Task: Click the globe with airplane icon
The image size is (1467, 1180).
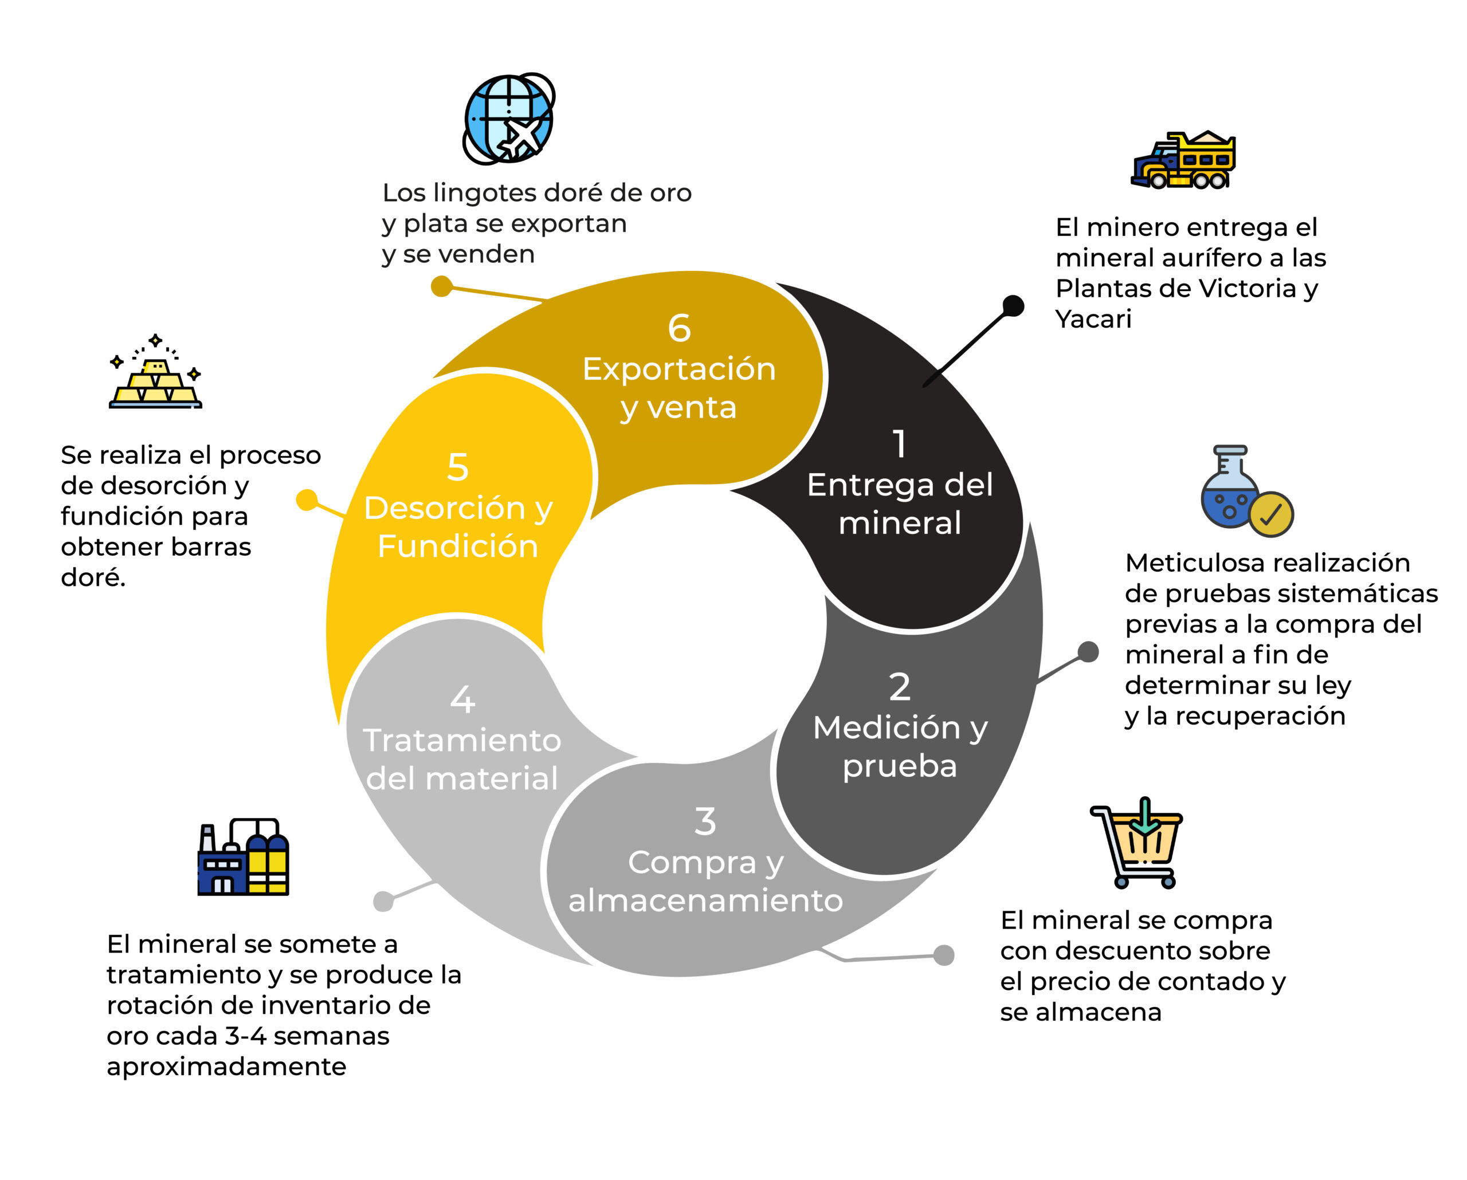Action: click(x=509, y=119)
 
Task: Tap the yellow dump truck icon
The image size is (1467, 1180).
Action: click(x=1183, y=160)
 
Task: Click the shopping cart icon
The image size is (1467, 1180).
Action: click(x=1137, y=843)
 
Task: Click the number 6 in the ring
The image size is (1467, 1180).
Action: click(x=679, y=328)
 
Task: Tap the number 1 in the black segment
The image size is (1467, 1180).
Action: click(x=900, y=444)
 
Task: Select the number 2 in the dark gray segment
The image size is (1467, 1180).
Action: click(x=900, y=687)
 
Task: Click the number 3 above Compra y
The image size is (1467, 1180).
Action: click(x=705, y=821)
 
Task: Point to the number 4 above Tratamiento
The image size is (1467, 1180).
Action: click(x=462, y=699)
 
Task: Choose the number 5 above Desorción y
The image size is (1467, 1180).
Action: click(x=457, y=467)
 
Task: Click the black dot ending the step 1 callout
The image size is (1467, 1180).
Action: click(x=1013, y=306)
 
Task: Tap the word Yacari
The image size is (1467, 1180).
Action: click(x=1093, y=319)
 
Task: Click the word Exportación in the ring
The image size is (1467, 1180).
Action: click(x=679, y=369)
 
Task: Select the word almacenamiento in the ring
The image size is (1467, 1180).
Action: click(x=705, y=900)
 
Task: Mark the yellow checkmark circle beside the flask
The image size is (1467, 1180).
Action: click(x=1270, y=515)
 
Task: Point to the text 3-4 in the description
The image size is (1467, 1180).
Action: click(x=245, y=1036)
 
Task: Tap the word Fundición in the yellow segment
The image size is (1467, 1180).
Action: click(x=458, y=546)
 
